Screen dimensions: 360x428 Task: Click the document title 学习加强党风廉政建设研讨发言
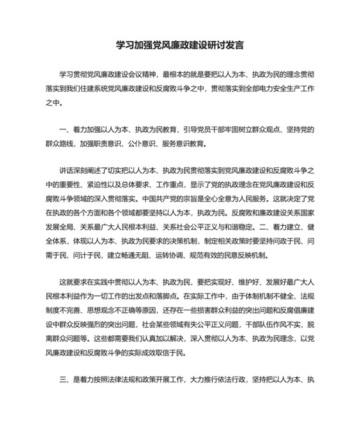click(x=179, y=46)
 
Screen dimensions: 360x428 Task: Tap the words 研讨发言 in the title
click(x=228, y=46)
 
